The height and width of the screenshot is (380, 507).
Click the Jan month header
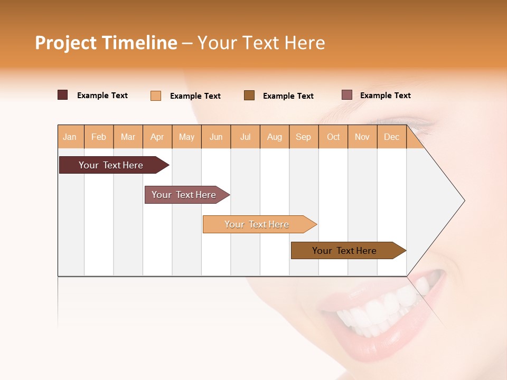(x=70, y=137)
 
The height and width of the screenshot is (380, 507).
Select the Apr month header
(x=157, y=137)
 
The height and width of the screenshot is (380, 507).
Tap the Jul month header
(x=246, y=137)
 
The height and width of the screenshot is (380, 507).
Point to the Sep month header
(x=304, y=137)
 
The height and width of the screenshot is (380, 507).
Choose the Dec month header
(x=392, y=137)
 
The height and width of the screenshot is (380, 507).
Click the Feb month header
(x=99, y=137)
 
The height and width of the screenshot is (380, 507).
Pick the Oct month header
(x=333, y=137)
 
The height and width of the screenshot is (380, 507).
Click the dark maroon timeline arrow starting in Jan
(x=111, y=165)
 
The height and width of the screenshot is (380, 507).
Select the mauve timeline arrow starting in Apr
(x=184, y=195)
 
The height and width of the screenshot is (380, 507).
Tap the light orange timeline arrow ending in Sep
(x=257, y=224)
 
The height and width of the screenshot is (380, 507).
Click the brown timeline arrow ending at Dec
(x=344, y=251)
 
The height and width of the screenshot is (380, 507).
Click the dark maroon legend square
(x=63, y=95)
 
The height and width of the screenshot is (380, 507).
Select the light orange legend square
(x=156, y=96)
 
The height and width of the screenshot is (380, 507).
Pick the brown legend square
(x=249, y=95)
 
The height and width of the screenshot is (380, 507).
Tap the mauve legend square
(x=347, y=95)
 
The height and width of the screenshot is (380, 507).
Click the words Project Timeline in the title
(x=106, y=43)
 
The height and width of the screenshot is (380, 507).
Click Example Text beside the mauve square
(x=385, y=96)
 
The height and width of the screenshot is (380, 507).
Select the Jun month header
(x=216, y=137)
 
